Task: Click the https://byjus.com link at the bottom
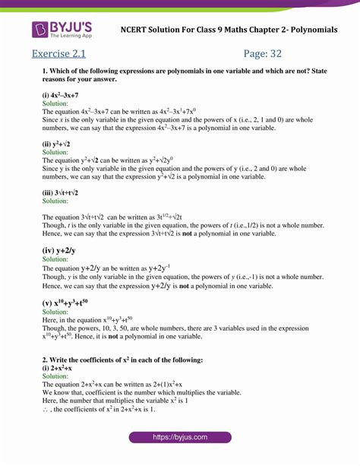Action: point(179,437)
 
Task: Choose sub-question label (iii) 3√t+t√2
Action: point(61,193)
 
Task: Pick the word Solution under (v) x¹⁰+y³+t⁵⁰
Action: point(55,312)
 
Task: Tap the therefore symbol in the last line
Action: point(46,408)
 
